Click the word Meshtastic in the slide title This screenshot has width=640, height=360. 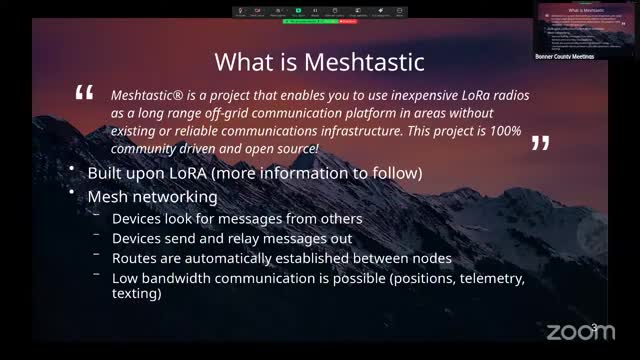pyautogui.click(x=364, y=62)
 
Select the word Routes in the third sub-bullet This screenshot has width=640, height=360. pyautogui.click(x=135, y=258)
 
